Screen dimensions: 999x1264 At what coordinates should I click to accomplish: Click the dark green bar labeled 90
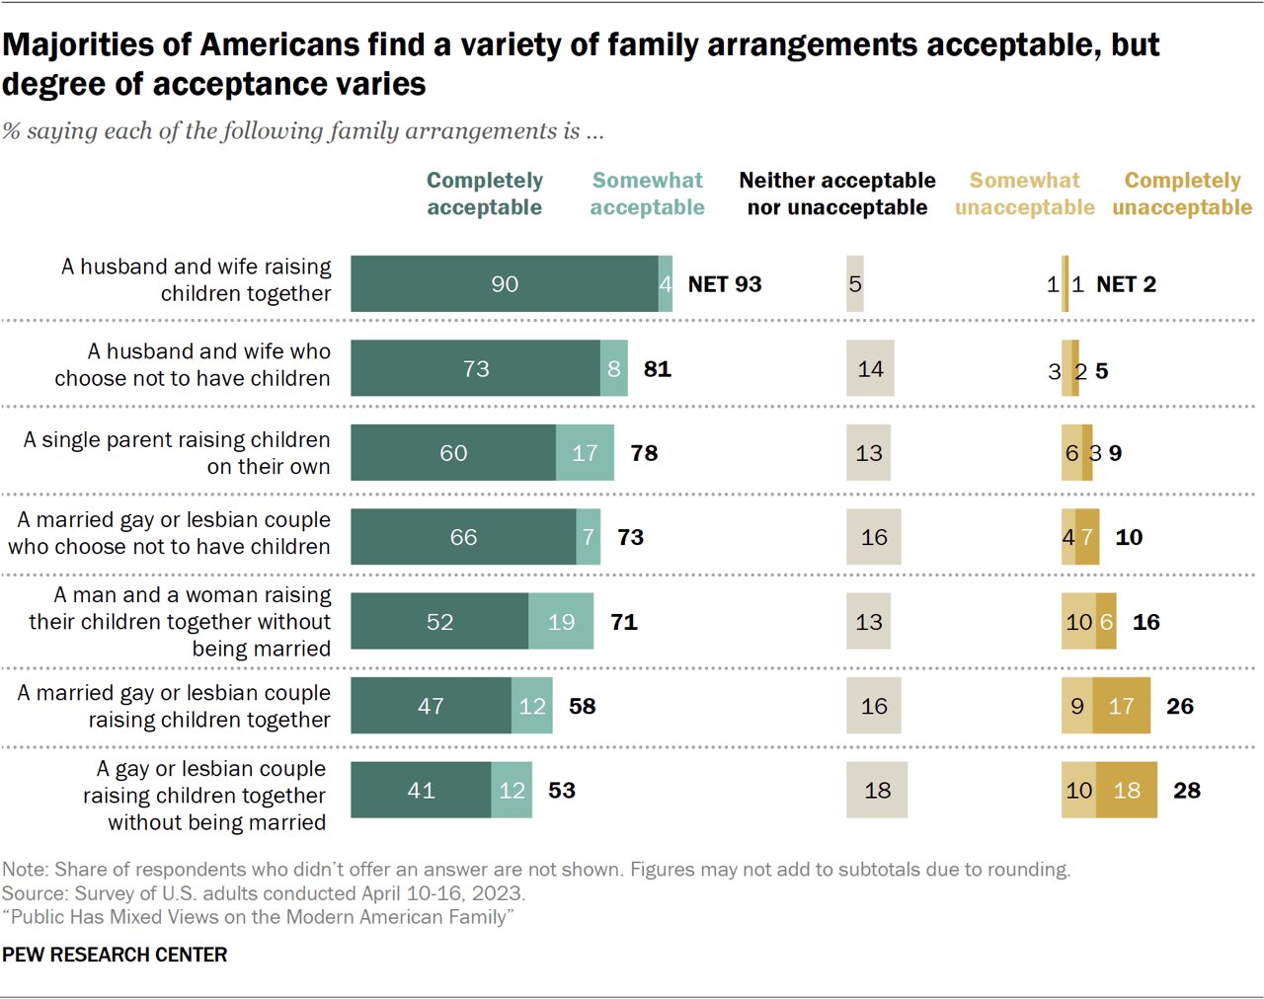[505, 284]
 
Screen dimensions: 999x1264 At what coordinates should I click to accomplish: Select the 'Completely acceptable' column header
[484, 193]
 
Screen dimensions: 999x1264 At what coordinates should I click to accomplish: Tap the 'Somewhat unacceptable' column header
[1024, 193]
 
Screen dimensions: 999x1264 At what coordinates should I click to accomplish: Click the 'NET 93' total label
[724, 284]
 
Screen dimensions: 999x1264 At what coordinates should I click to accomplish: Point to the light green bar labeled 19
[561, 622]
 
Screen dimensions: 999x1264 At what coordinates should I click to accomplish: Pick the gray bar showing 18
[877, 791]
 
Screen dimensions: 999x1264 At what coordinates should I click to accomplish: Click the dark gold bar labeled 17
[1121, 707]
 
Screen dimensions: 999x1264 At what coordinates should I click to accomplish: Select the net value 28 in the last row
[1186, 791]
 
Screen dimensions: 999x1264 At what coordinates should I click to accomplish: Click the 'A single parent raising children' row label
[177, 453]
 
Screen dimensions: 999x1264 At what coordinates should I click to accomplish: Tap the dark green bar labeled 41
[421, 791]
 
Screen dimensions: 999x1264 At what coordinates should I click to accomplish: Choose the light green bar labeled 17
[585, 453]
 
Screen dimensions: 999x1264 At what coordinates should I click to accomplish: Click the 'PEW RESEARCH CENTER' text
[115, 955]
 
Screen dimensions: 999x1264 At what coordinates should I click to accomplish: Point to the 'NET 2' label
[1126, 284]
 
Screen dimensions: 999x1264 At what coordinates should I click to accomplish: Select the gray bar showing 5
[855, 284]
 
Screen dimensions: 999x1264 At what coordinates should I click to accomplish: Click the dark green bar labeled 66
[463, 537]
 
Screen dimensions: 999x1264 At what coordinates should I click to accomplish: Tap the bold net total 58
[582, 707]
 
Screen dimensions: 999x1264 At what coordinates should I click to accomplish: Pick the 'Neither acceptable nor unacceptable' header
[837, 193]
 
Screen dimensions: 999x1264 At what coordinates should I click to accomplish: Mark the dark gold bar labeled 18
[1127, 791]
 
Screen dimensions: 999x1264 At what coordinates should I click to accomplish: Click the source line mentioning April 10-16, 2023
[263, 893]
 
